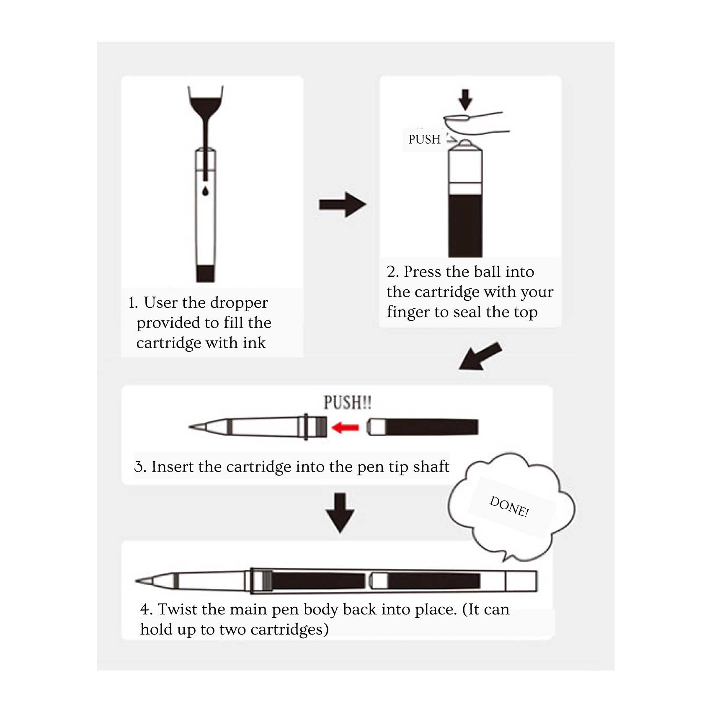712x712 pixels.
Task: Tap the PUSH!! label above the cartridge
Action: click(347, 402)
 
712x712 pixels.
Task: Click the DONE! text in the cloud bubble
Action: click(509, 506)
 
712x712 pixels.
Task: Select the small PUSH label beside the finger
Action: click(424, 139)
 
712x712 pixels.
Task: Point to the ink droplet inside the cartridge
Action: click(205, 191)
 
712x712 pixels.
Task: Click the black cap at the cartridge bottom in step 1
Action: click(205, 273)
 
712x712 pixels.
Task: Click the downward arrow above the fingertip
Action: click(465, 99)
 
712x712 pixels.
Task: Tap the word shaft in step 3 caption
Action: click(431, 466)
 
